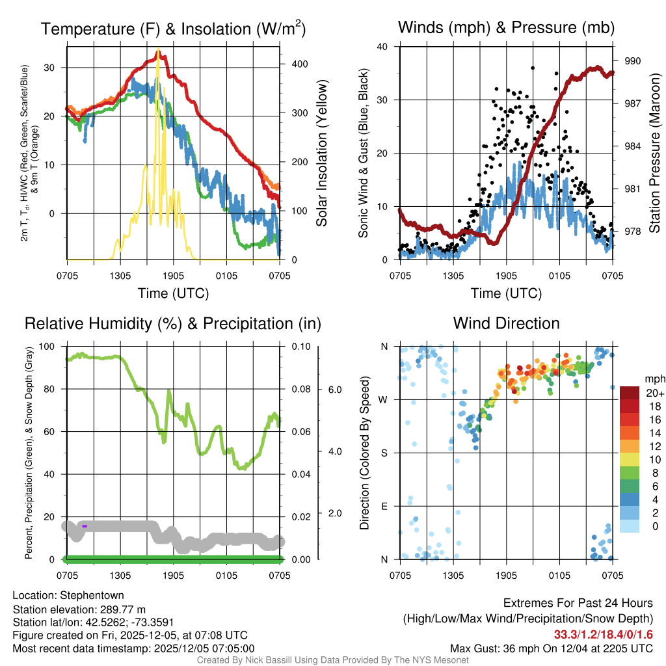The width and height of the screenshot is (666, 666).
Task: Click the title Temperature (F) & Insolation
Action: (173, 29)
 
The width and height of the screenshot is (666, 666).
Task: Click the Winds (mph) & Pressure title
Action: (506, 27)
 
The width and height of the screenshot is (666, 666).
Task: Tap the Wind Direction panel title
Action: (506, 323)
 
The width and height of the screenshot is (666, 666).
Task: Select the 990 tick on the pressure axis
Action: (633, 60)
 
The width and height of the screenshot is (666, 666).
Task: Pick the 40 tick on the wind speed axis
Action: (382, 47)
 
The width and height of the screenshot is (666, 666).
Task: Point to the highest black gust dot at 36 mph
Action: (533, 68)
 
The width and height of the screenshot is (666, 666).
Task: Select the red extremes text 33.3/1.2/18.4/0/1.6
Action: (603, 634)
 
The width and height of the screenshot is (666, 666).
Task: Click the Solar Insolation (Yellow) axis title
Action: (322, 153)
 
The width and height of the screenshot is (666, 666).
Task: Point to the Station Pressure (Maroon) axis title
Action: (655, 153)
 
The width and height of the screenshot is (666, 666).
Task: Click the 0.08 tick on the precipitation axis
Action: (299, 389)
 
